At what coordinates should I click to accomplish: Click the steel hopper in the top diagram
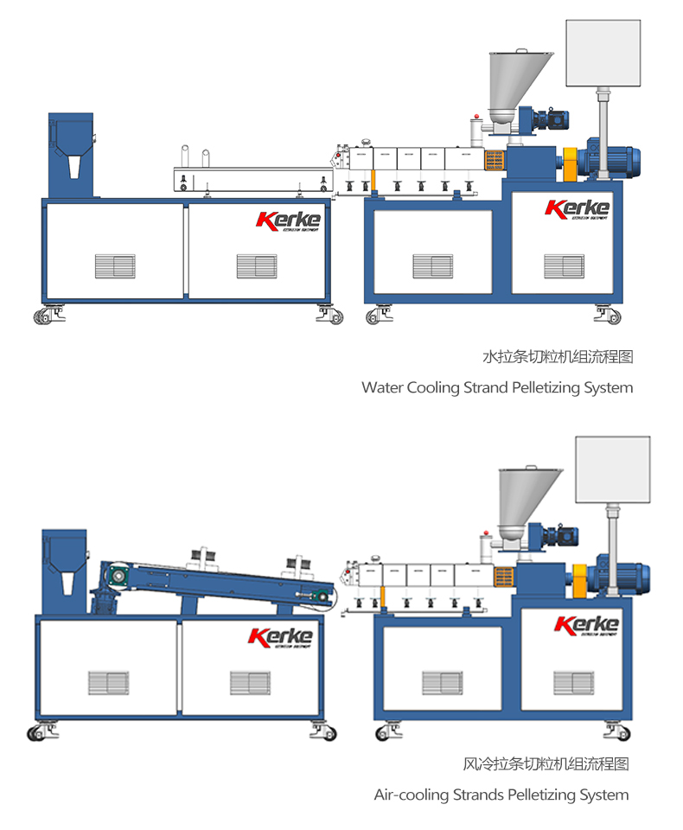click(x=518, y=82)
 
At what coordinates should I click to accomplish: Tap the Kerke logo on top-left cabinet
click(x=288, y=220)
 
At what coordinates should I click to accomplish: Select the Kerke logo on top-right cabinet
click(x=577, y=208)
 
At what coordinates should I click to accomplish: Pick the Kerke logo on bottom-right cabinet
click(x=586, y=624)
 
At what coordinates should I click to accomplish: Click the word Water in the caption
click(x=381, y=387)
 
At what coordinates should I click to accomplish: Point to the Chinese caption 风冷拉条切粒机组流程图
click(x=546, y=763)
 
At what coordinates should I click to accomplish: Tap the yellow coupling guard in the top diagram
click(x=571, y=164)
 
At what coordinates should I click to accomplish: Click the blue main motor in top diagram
click(x=617, y=158)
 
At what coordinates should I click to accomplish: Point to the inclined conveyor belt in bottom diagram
click(x=216, y=579)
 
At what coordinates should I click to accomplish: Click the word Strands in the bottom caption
click(x=478, y=794)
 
